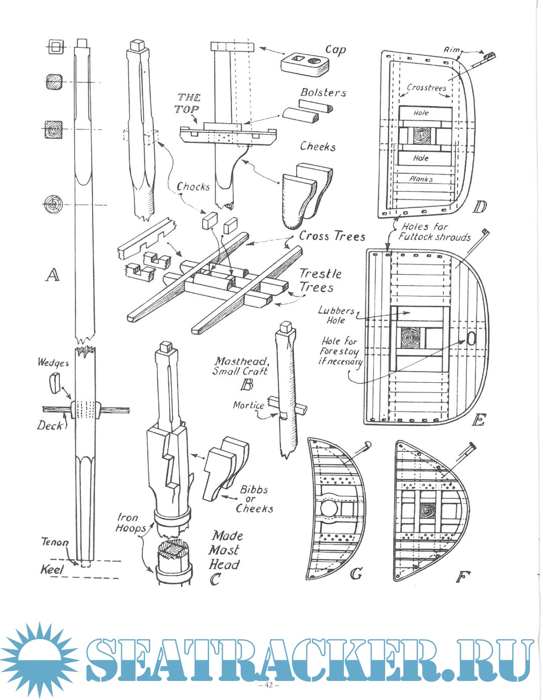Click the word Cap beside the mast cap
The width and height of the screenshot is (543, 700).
[x=335, y=50]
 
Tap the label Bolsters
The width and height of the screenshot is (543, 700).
[x=323, y=93]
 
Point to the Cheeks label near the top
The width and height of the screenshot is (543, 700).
[x=318, y=146]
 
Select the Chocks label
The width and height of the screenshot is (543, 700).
[x=193, y=187]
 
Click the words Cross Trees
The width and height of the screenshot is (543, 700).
[x=332, y=236]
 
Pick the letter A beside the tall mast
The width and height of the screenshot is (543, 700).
[x=52, y=275]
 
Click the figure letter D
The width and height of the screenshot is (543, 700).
[x=480, y=206]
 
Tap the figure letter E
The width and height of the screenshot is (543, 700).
[x=479, y=419]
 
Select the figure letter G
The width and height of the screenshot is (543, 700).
[x=356, y=573]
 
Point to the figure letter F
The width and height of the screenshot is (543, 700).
[x=460, y=576]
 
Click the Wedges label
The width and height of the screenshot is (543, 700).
[x=53, y=362]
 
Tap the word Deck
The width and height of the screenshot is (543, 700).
[x=50, y=425]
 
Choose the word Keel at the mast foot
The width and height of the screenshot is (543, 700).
[x=52, y=570]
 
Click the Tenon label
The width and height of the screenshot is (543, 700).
[x=54, y=542]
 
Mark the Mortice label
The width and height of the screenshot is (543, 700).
[x=248, y=405]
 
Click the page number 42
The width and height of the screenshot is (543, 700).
[x=268, y=685]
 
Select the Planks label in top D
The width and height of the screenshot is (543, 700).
[x=421, y=179]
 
